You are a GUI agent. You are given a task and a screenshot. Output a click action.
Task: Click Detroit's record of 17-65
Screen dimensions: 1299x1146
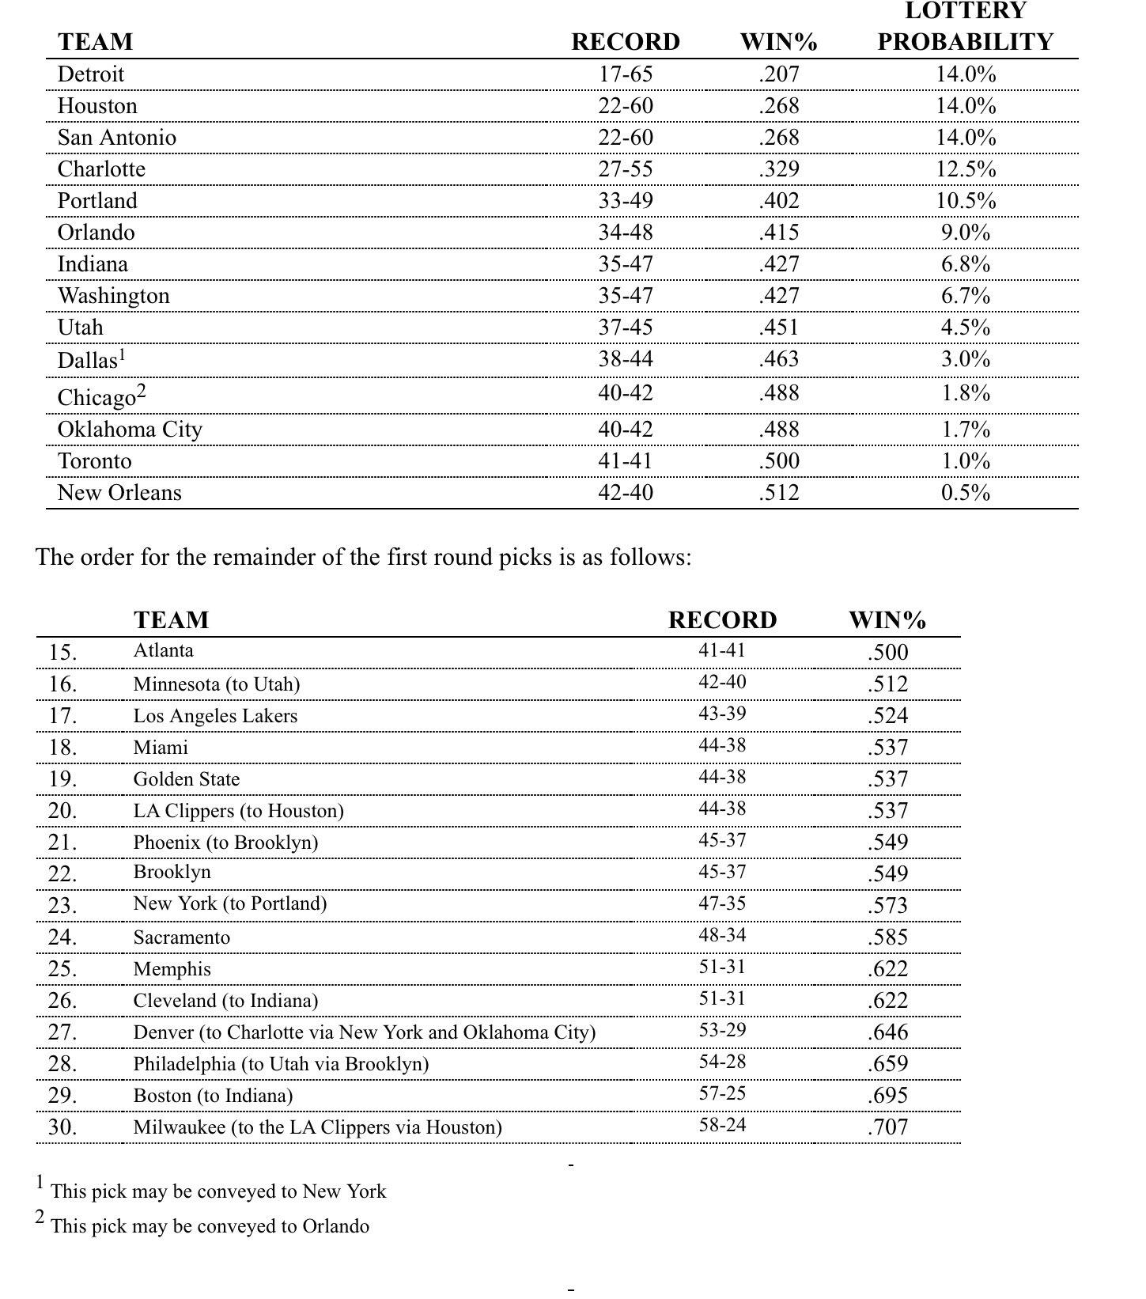click(x=626, y=74)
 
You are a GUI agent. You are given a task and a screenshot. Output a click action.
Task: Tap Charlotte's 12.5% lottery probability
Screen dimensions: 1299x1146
click(x=966, y=169)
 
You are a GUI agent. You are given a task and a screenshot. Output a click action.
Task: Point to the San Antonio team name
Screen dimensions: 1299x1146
click(x=117, y=138)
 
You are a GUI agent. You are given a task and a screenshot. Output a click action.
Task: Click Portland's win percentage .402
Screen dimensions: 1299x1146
click(x=779, y=201)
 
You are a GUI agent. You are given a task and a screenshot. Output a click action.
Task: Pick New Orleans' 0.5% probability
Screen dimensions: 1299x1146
click(x=966, y=493)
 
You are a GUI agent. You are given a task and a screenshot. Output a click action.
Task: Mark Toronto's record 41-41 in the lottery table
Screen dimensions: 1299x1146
click(x=626, y=461)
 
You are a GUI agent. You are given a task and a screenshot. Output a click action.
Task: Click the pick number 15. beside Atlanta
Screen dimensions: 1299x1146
click(x=62, y=653)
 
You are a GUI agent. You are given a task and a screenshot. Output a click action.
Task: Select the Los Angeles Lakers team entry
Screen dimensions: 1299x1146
click(x=215, y=716)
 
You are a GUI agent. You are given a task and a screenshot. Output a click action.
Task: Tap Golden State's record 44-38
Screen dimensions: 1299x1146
click(x=722, y=777)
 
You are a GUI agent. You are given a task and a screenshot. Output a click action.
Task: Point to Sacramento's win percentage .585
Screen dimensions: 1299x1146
click(x=887, y=937)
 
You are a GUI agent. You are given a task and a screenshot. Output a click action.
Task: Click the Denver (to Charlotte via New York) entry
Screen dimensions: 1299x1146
click(x=364, y=1032)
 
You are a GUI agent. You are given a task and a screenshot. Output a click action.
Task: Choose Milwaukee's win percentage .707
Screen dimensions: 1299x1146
click(x=887, y=1127)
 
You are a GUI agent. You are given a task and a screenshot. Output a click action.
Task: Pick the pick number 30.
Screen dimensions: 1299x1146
click(x=62, y=1127)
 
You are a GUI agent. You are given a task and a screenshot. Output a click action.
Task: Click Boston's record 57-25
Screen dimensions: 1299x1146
click(x=722, y=1093)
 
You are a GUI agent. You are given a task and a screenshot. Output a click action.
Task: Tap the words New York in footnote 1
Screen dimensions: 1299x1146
click(x=344, y=1191)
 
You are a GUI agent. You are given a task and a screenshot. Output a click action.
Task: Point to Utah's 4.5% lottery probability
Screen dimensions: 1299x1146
click(x=966, y=328)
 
